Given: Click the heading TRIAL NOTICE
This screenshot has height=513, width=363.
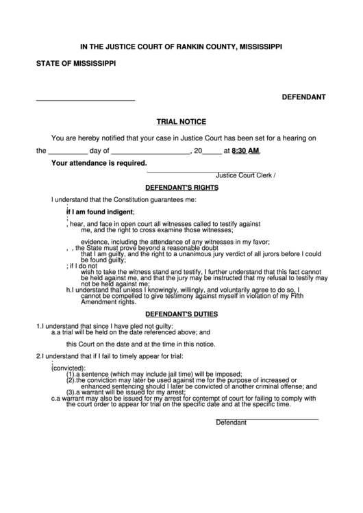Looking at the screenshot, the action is [x=181, y=121].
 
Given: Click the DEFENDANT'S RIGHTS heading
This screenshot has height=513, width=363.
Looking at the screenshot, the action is [x=181, y=186].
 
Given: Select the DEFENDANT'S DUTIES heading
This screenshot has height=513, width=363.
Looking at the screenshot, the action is [x=181, y=314].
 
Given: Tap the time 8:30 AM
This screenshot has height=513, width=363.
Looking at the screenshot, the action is [x=246, y=151].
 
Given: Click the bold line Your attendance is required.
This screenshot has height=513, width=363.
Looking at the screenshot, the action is [x=99, y=164].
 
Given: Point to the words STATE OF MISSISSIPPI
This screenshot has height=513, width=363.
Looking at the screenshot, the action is [x=76, y=64].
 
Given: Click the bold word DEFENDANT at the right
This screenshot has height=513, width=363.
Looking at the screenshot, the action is [x=303, y=98].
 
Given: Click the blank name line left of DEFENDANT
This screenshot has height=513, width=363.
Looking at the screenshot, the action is [x=85, y=100].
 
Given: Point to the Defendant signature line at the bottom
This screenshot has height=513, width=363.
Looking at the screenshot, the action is [x=267, y=418].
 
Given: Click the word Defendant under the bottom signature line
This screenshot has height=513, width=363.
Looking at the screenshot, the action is [x=231, y=423].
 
